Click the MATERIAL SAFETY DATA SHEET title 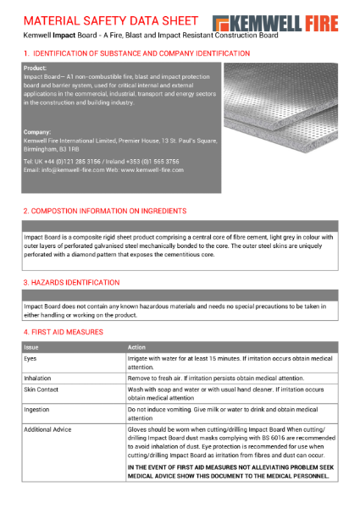(x=112, y=19)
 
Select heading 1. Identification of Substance (x=136, y=53)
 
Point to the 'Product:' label (x=35, y=68)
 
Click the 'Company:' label (x=37, y=131)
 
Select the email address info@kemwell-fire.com (x=60, y=169)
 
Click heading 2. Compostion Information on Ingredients (x=104, y=210)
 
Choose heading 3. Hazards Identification (x=71, y=282)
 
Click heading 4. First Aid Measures (x=64, y=332)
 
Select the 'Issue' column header (x=31, y=347)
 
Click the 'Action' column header (x=136, y=347)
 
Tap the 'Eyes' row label (x=30, y=360)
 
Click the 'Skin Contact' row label (x=42, y=389)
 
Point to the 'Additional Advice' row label (x=50, y=429)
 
